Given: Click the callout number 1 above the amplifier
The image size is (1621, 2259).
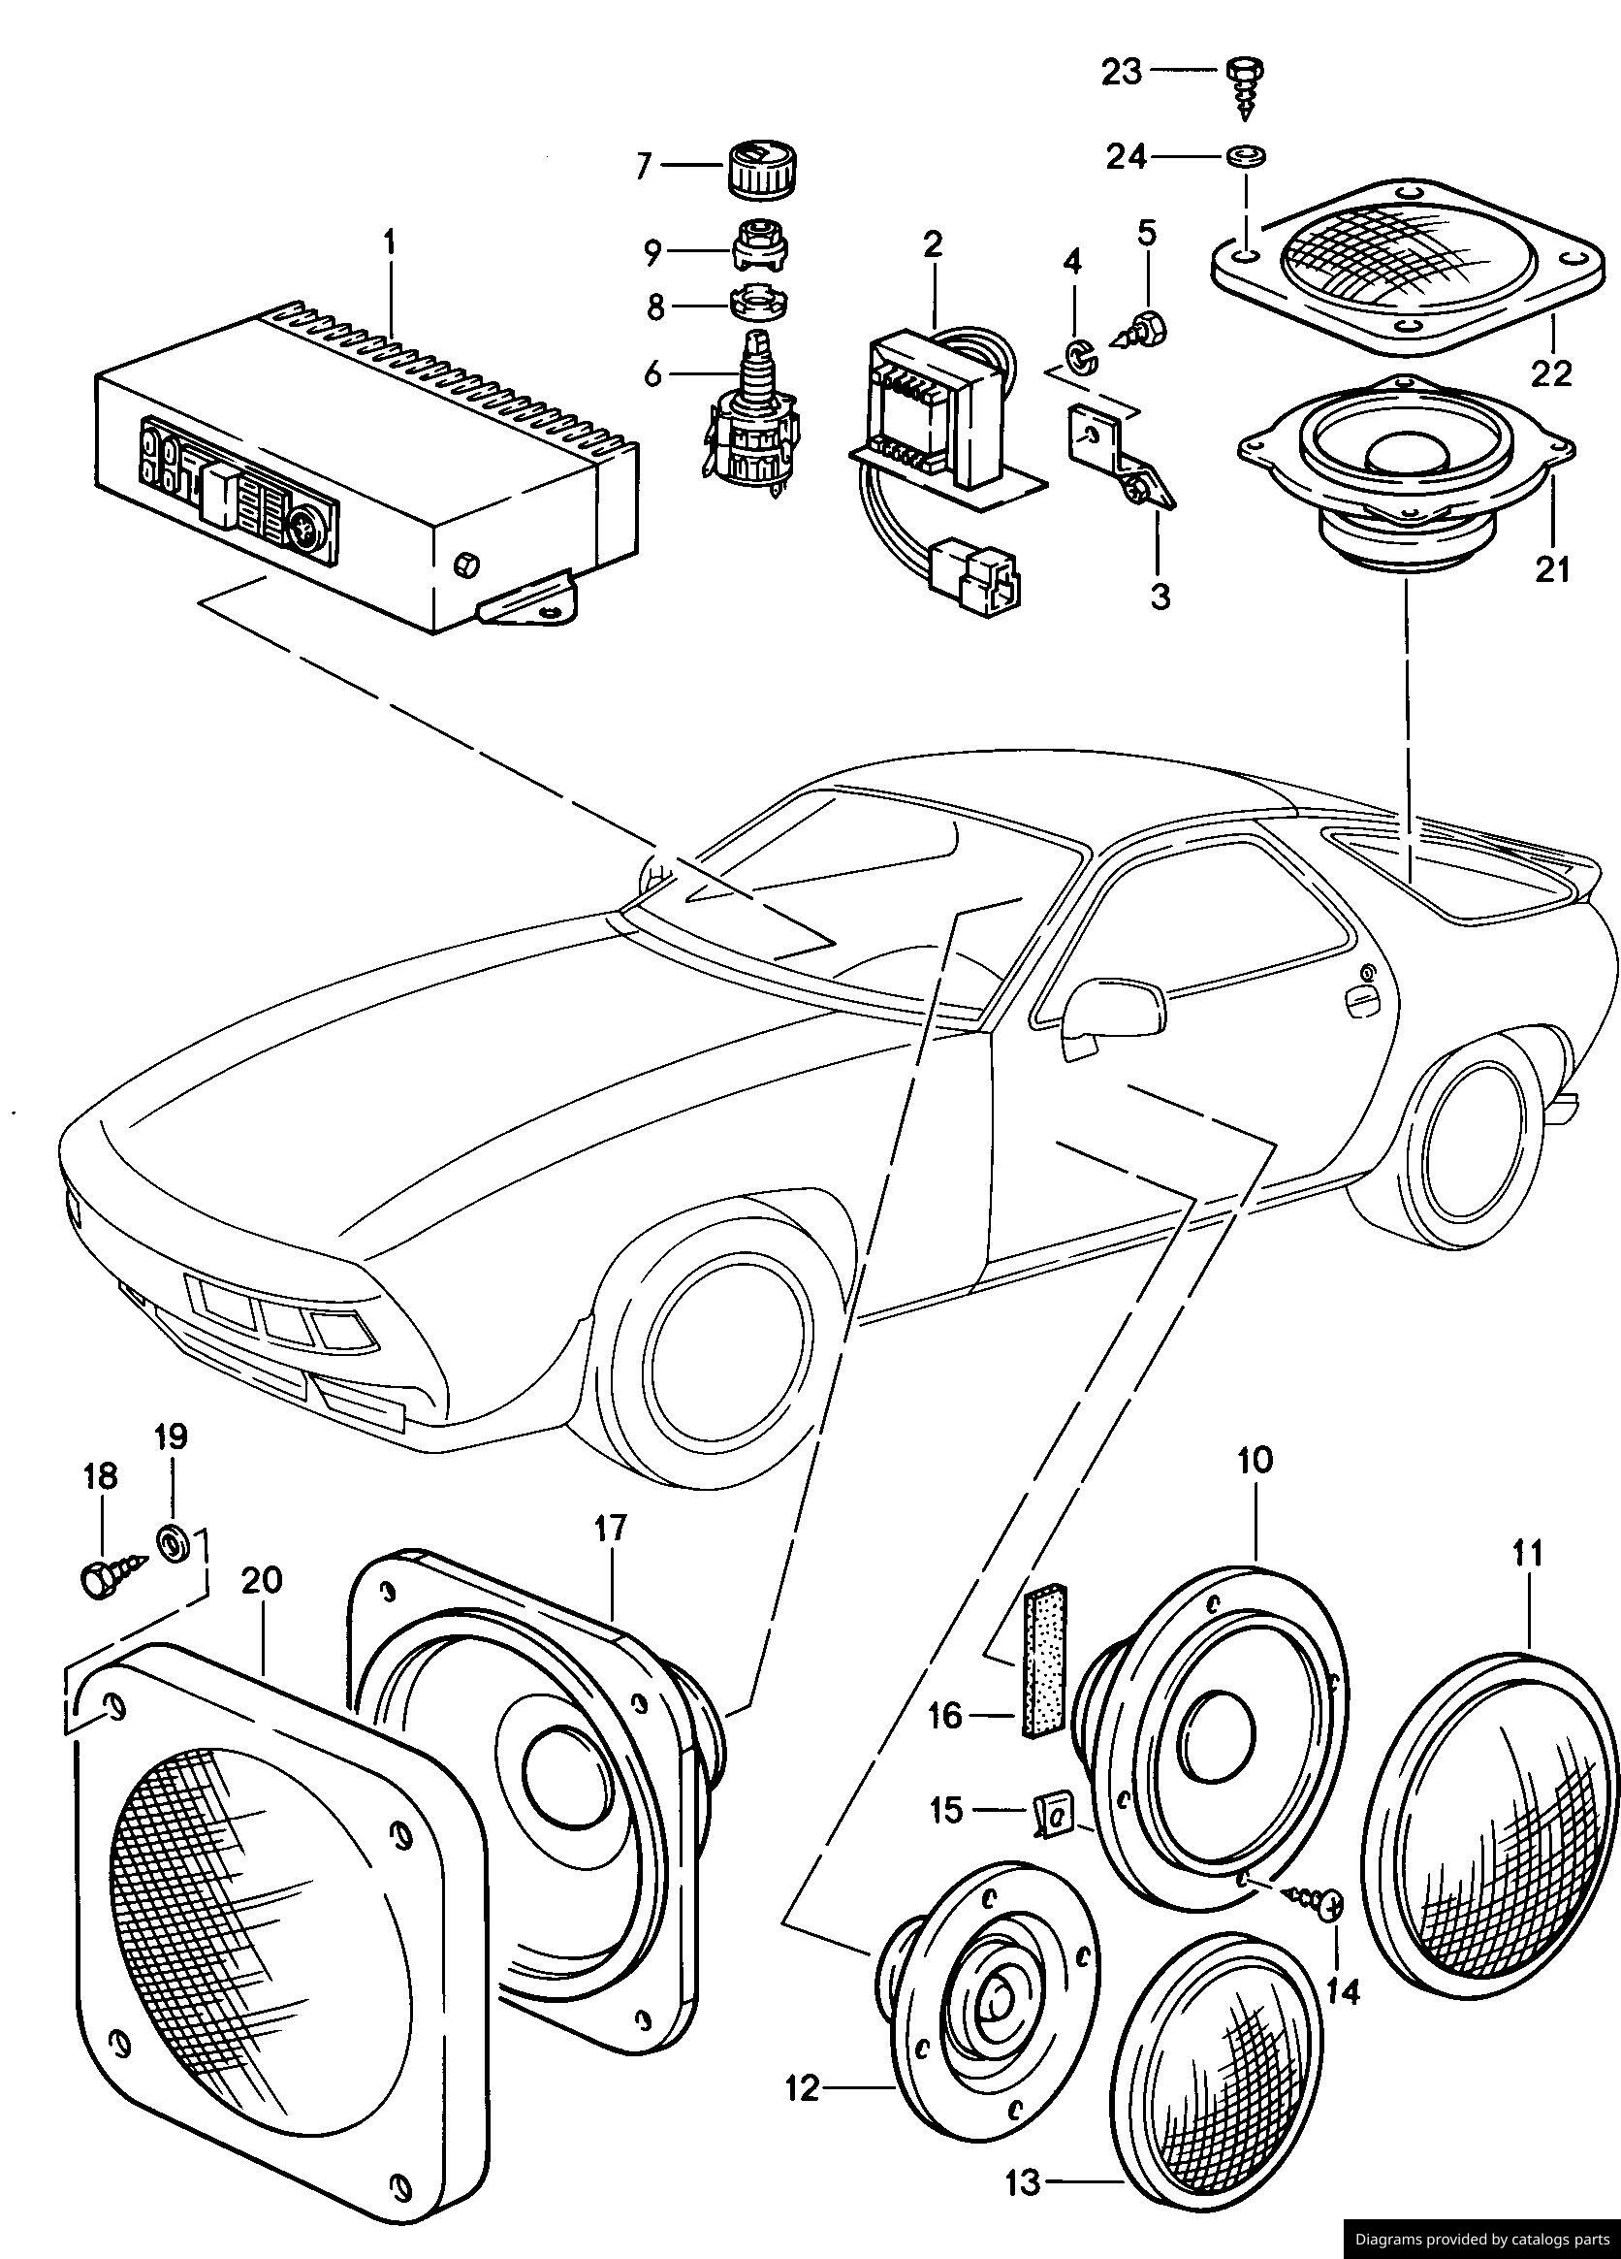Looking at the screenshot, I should click(390, 242).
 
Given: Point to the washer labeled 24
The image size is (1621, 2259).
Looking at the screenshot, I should click(1242, 156).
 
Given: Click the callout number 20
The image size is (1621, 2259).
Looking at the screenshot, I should click(261, 1581).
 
